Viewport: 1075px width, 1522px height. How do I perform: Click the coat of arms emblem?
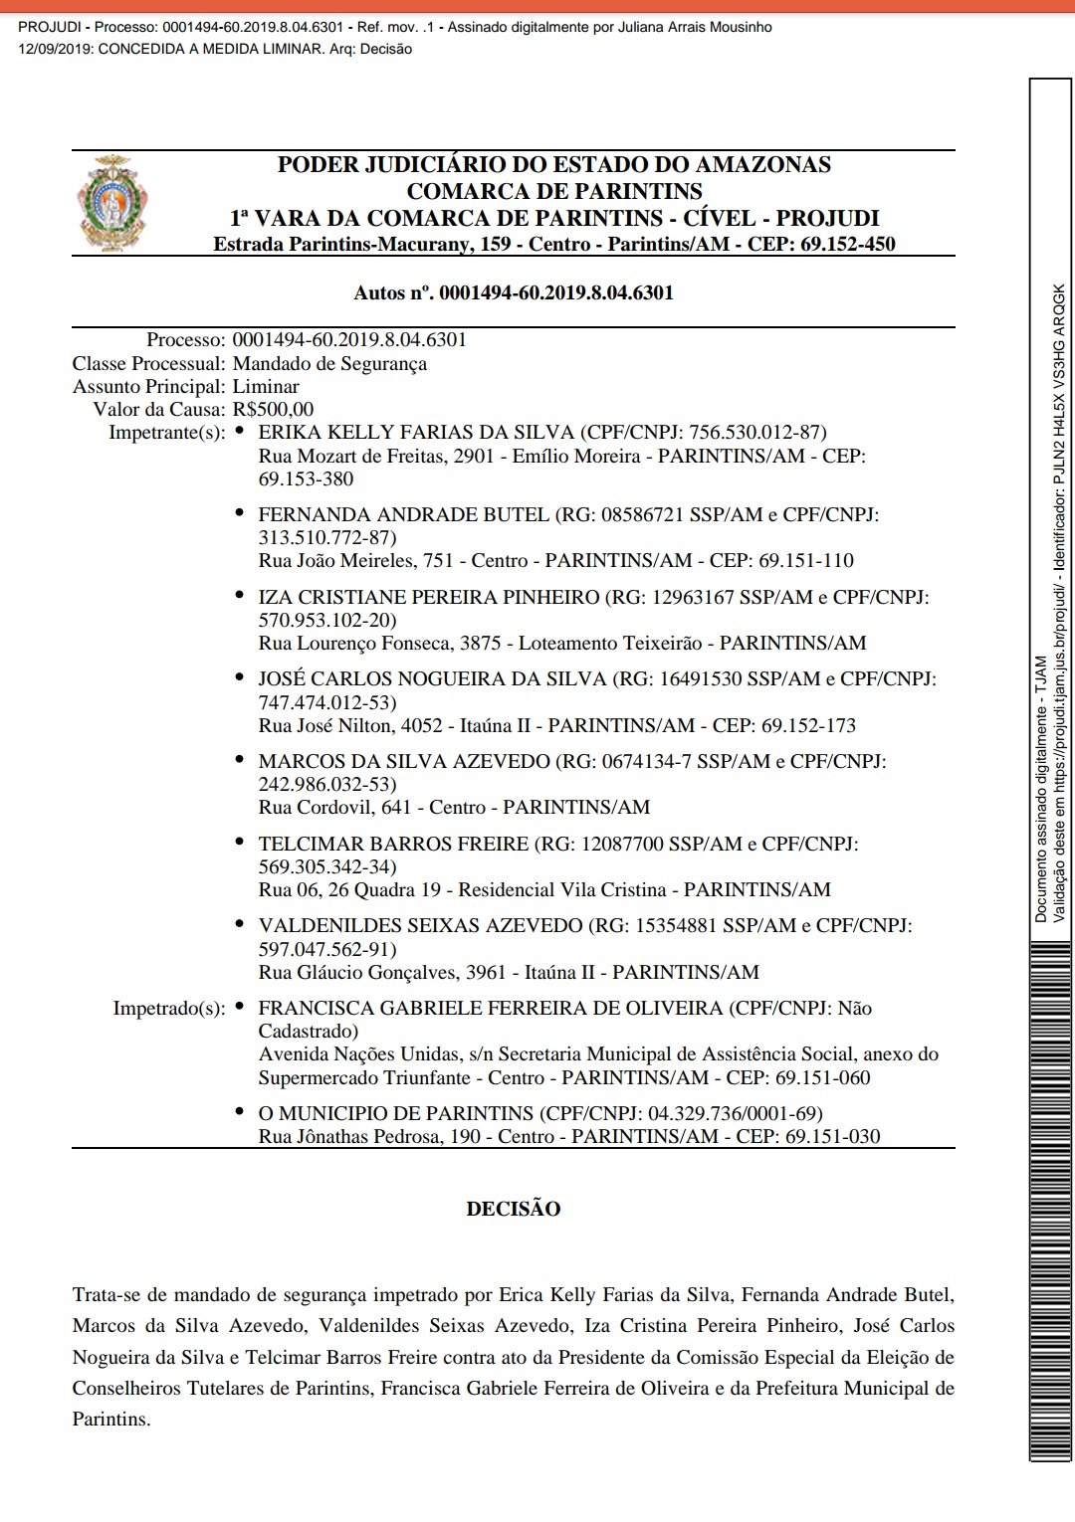click(x=111, y=203)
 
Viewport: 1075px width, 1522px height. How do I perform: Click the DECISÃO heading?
click(x=513, y=1209)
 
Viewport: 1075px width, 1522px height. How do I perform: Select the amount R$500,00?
click(x=273, y=409)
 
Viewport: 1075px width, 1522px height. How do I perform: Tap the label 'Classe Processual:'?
click(x=149, y=363)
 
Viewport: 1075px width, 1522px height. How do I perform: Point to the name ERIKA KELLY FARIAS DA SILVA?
click(x=416, y=432)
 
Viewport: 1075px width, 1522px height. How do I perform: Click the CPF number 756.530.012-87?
click(x=755, y=432)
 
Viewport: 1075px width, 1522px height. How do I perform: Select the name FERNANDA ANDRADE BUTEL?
click(x=403, y=514)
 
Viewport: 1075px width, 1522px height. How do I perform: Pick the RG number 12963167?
click(x=693, y=597)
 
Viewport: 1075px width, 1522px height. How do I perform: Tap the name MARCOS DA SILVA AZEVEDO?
click(x=403, y=761)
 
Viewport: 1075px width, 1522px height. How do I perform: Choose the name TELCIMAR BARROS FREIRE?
click(x=393, y=844)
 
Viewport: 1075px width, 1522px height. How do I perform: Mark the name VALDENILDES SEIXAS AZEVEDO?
click(x=420, y=925)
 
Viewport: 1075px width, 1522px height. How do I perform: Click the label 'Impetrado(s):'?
click(x=169, y=1008)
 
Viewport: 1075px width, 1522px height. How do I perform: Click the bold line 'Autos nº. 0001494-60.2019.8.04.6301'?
click(x=514, y=292)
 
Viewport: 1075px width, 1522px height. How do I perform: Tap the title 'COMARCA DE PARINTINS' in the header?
click(x=554, y=191)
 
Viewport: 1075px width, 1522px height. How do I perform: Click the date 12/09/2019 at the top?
click(x=54, y=49)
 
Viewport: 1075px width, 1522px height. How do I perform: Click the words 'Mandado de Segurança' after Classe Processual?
click(x=329, y=363)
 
